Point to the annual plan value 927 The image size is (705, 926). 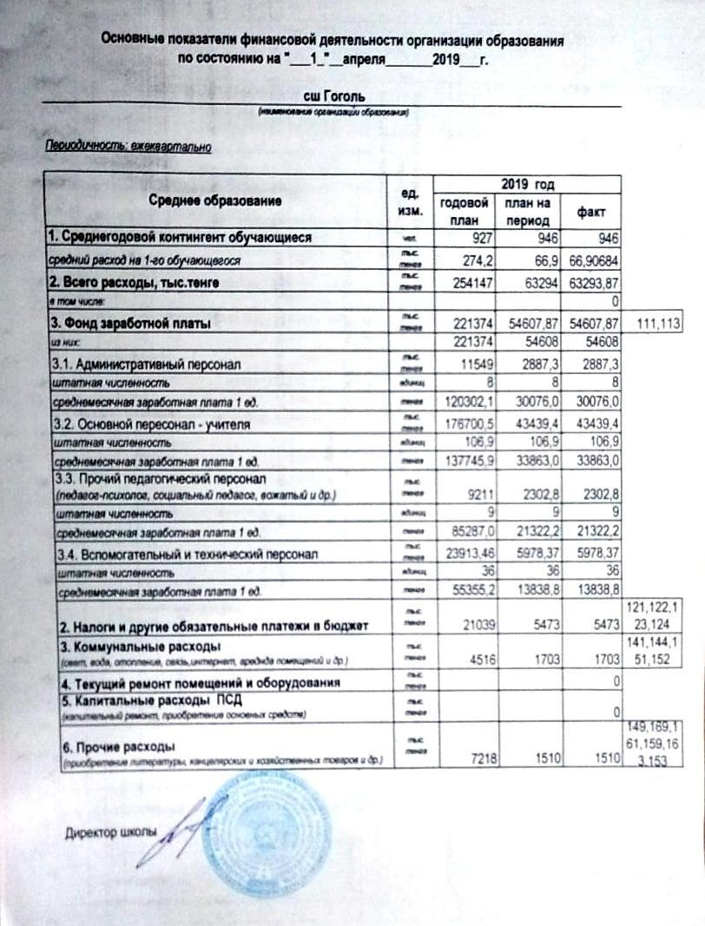(x=475, y=238)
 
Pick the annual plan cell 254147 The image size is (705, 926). (x=469, y=282)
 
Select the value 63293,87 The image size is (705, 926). (x=593, y=282)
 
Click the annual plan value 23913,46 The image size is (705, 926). (x=465, y=553)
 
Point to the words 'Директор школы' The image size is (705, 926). (x=111, y=834)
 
